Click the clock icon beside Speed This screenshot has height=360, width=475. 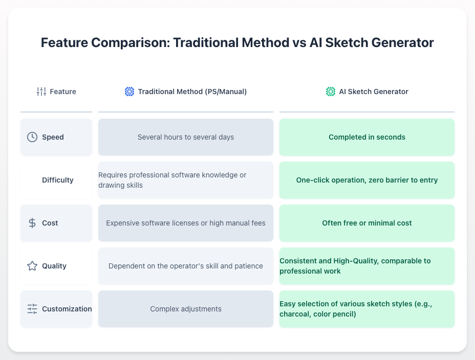32,137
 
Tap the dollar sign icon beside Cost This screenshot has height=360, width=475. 32,223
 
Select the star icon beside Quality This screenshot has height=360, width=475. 32,266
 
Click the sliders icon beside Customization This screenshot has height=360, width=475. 32,309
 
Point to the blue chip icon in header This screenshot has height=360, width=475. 129,92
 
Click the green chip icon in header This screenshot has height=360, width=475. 331,92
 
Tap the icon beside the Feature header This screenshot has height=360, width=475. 41,92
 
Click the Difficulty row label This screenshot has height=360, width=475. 57,180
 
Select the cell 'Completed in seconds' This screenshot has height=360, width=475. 366,137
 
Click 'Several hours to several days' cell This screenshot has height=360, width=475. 185,137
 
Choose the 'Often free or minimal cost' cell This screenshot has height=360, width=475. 366,223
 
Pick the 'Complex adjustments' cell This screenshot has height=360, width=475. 185,309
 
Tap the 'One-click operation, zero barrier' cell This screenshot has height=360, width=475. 366,180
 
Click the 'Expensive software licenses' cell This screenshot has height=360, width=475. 185,223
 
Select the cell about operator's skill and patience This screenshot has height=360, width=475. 185,266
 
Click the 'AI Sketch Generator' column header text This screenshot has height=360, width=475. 374,92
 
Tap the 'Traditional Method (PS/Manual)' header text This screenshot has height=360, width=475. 192,92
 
